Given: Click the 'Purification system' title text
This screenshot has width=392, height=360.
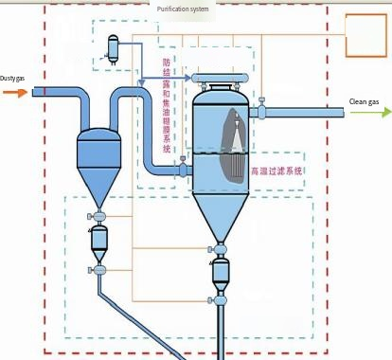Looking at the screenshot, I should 183,9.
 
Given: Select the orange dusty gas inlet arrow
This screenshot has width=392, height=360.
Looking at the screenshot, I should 14,92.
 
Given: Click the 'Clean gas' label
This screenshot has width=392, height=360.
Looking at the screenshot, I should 365,101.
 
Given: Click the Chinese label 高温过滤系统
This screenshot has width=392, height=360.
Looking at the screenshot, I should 276,171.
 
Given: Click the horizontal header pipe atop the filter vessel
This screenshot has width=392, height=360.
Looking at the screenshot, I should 220,77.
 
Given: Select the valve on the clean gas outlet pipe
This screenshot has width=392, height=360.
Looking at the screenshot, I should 258,112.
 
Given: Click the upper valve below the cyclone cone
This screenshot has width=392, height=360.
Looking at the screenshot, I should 98,217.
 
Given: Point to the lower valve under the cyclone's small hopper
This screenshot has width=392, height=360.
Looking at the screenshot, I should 98,270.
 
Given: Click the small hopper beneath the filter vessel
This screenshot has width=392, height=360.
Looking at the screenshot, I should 221,274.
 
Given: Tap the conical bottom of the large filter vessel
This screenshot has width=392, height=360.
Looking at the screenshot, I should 220,213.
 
